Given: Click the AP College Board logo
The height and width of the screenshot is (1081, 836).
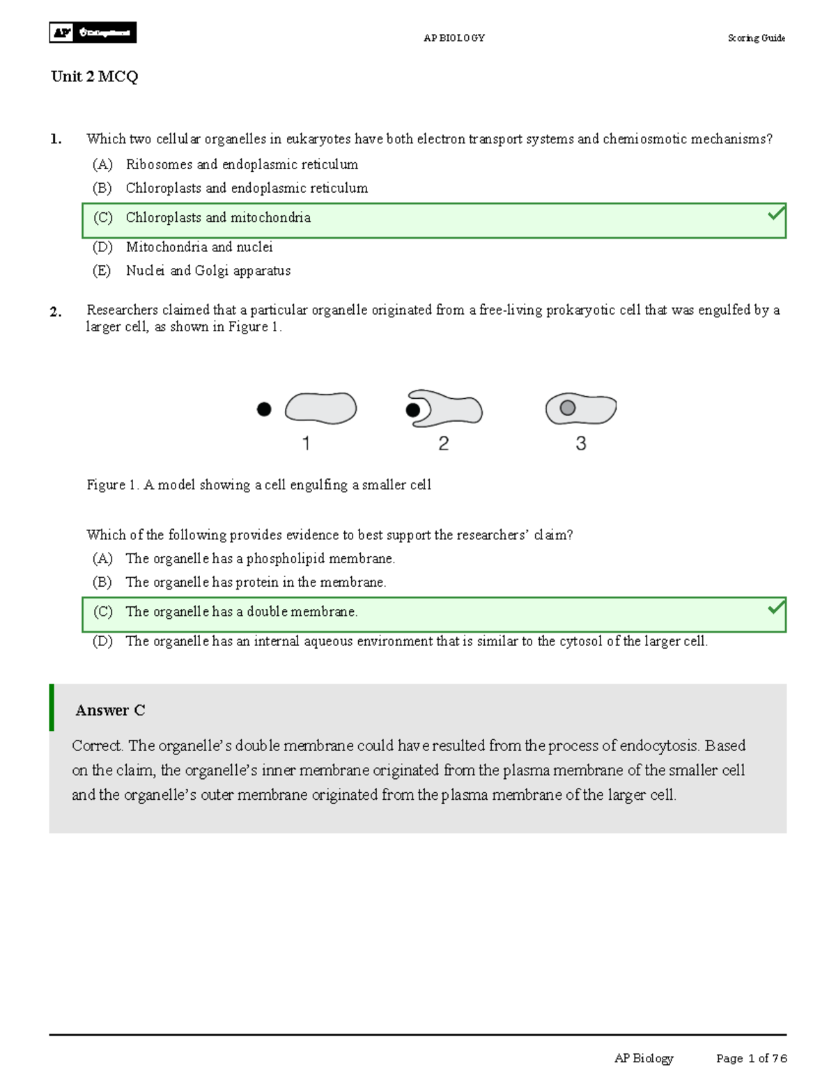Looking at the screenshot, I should pyautogui.click(x=93, y=33).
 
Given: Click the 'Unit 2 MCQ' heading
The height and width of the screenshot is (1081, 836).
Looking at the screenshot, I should pyautogui.click(x=94, y=77).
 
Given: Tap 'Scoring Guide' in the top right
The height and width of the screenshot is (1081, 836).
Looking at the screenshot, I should pyautogui.click(x=756, y=38).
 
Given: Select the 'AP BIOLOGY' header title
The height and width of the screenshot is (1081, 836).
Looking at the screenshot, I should pyautogui.click(x=454, y=38).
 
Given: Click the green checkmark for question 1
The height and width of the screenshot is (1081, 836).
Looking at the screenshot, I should pyautogui.click(x=776, y=214).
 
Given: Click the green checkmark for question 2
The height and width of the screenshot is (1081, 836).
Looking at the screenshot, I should pyautogui.click(x=776, y=608).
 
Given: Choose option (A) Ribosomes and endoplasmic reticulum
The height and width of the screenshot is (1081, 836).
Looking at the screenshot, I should pyautogui.click(x=242, y=165).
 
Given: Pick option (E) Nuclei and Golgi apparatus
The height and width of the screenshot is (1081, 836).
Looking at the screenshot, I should pyautogui.click(x=208, y=271).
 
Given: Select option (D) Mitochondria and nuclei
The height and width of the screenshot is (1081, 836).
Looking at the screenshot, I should pyautogui.click(x=199, y=247).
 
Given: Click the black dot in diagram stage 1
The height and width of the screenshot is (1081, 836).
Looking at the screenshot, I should pyautogui.click(x=264, y=409).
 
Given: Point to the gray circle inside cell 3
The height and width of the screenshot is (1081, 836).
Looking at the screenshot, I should pyautogui.click(x=568, y=408).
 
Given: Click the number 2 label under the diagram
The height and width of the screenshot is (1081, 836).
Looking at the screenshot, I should pyautogui.click(x=443, y=443).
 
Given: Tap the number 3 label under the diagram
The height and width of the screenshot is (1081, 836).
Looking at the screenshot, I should pyautogui.click(x=580, y=443).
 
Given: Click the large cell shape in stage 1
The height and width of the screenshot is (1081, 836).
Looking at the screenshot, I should pyautogui.click(x=321, y=408).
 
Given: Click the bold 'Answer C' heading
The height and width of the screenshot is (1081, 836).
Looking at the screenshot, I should pyautogui.click(x=110, y=710).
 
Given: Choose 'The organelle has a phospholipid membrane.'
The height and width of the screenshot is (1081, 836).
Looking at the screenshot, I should pyautogui.click(x=260, y=559).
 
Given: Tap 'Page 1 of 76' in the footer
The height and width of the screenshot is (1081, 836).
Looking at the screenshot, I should pyautogui.click(x=751, y=1058).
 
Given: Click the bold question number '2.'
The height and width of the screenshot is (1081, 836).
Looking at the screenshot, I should pyautogui.click(x=56, y=312).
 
